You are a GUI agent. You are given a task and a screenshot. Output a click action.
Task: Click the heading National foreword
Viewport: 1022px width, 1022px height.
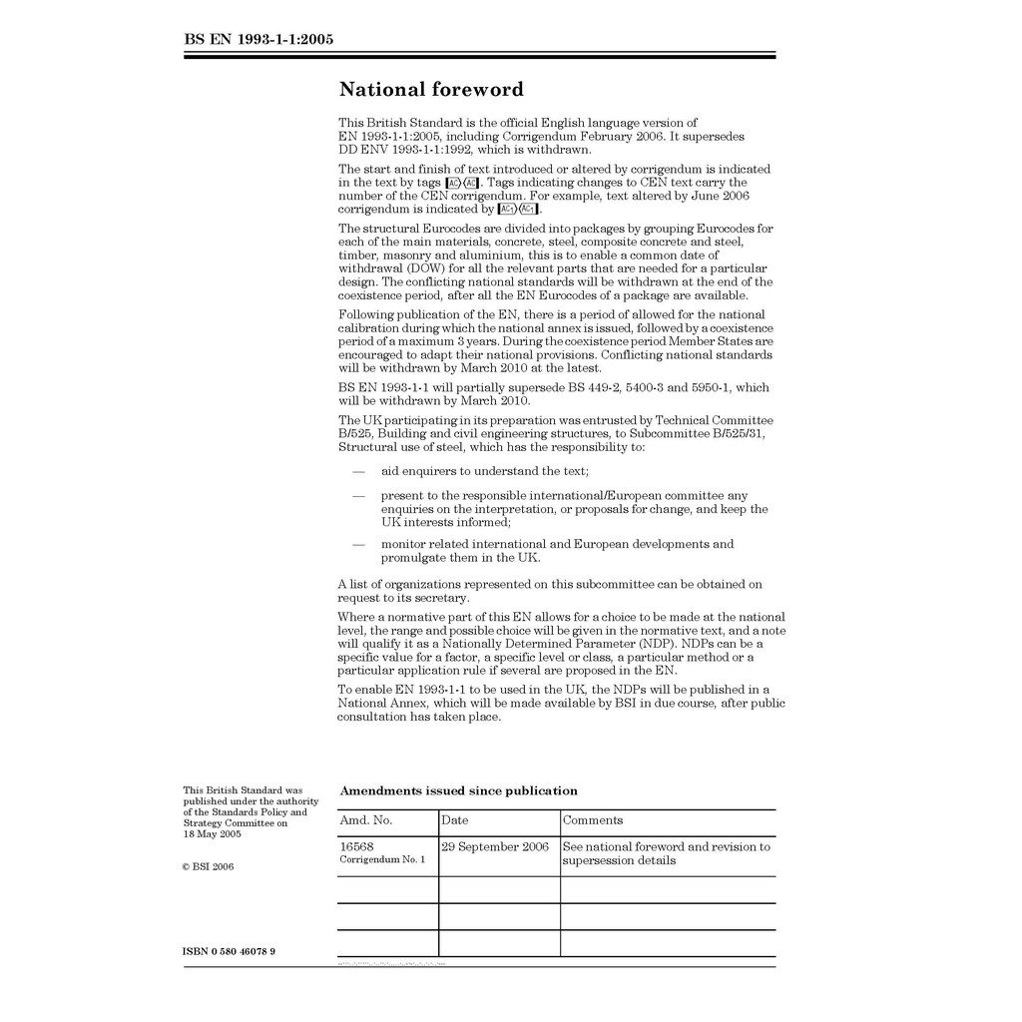pos(431,90)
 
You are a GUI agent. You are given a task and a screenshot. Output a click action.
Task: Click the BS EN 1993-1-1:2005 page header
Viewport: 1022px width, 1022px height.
pos(258,40)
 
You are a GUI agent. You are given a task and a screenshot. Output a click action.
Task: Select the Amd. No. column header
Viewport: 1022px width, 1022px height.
pos(366,820)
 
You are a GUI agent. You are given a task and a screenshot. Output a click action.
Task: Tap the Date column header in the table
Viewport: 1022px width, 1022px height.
pos(455,820)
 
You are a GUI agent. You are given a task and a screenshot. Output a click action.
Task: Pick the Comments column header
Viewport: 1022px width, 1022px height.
pos(593,820)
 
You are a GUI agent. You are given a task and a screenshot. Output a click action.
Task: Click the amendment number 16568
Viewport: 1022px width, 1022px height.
pos(357,846)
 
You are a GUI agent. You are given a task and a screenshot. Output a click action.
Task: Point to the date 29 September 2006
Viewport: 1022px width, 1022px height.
pos(496,846)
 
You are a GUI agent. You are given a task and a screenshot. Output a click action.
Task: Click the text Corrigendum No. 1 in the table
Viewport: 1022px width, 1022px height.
pos(382,859)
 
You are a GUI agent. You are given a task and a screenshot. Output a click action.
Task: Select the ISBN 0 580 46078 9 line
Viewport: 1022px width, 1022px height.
pos(230,951)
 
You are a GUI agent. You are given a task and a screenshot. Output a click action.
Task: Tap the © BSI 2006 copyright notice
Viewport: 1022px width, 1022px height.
pos(209,866)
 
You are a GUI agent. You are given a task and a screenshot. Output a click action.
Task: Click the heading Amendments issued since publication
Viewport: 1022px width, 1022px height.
pos(458,790)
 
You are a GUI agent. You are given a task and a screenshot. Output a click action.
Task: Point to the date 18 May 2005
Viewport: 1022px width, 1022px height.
pos(212,834)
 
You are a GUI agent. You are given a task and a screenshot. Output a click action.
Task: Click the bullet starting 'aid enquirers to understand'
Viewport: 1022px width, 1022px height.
pos(484,470)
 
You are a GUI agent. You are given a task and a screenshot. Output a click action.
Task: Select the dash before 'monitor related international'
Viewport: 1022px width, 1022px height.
pos(358,545)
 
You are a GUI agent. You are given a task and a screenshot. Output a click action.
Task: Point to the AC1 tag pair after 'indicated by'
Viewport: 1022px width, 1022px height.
pos(518,210)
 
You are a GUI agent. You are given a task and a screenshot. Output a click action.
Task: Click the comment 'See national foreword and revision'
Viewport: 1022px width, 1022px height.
pos(666,846)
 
